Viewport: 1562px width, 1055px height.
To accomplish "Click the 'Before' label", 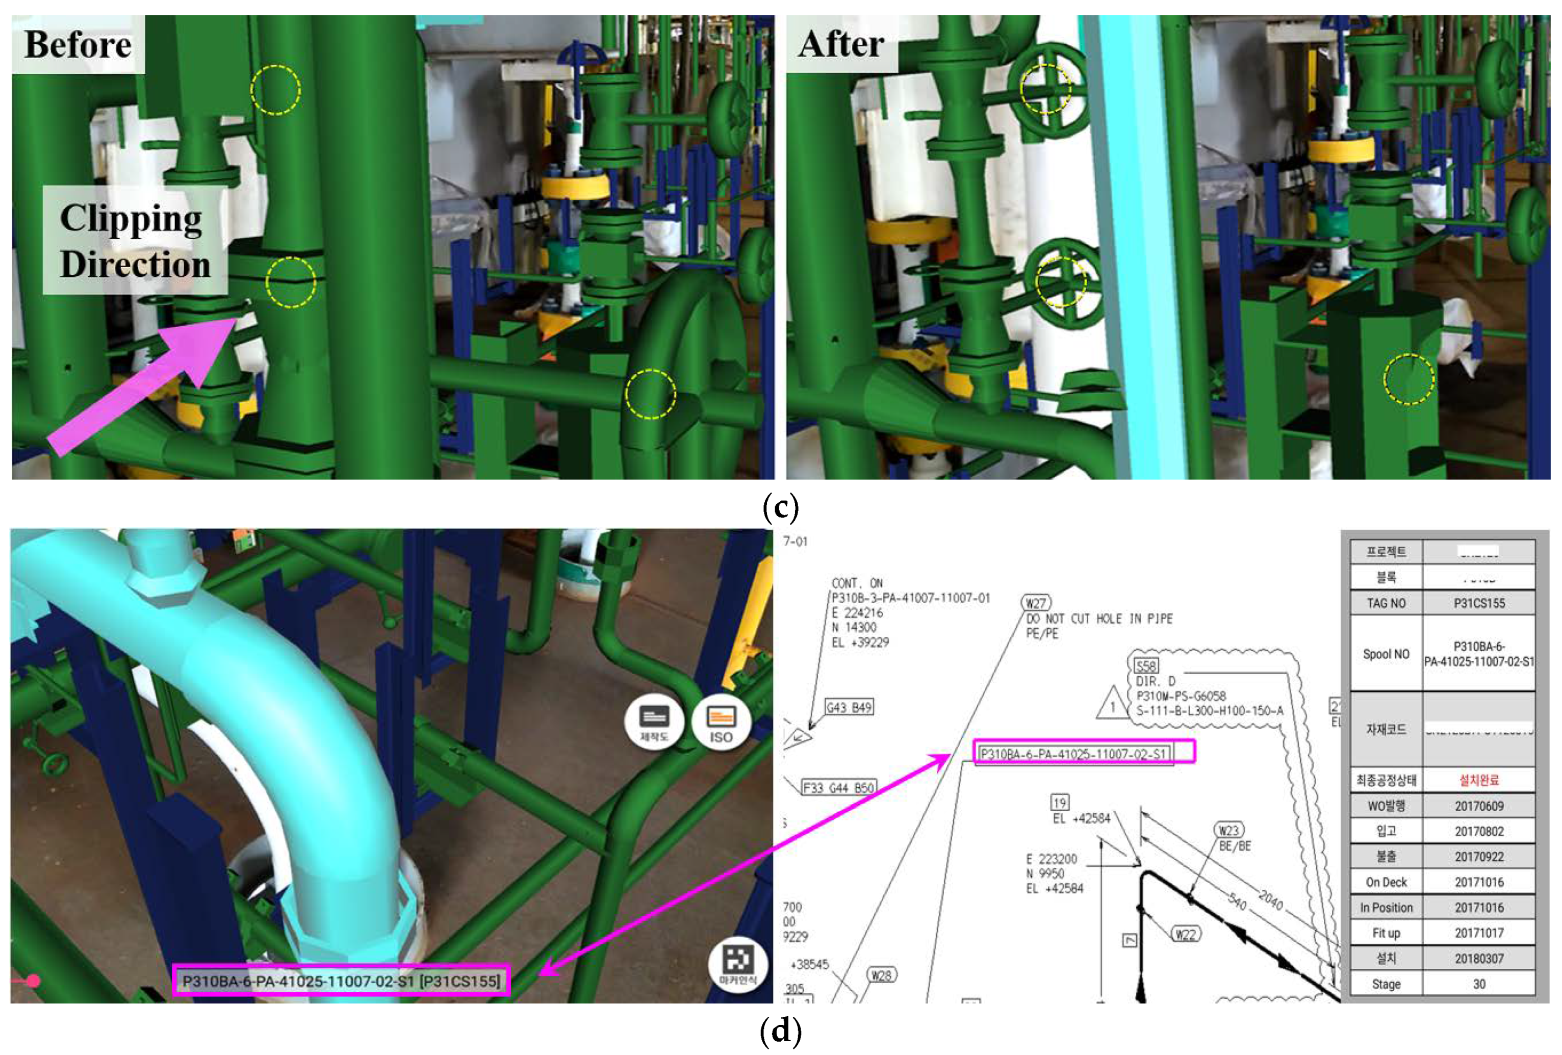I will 78,44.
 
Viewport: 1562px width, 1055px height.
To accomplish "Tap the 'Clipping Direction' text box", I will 135,241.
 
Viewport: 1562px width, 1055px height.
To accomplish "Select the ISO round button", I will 721,723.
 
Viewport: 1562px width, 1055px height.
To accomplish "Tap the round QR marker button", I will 737,962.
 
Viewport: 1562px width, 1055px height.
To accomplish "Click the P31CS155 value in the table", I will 1479,603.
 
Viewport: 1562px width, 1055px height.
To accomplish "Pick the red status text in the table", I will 1479,780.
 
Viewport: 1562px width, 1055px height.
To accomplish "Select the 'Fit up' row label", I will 1386,933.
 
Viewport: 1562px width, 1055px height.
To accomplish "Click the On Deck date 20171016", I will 1479,882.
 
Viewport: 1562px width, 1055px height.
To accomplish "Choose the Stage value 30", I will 1479,984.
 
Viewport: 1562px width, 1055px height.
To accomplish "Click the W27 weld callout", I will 1036,603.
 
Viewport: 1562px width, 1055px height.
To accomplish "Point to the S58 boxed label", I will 1146,666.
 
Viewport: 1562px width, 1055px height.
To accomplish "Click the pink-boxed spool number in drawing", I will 1084,753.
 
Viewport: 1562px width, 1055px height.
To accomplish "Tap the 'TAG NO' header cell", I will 1386,603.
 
